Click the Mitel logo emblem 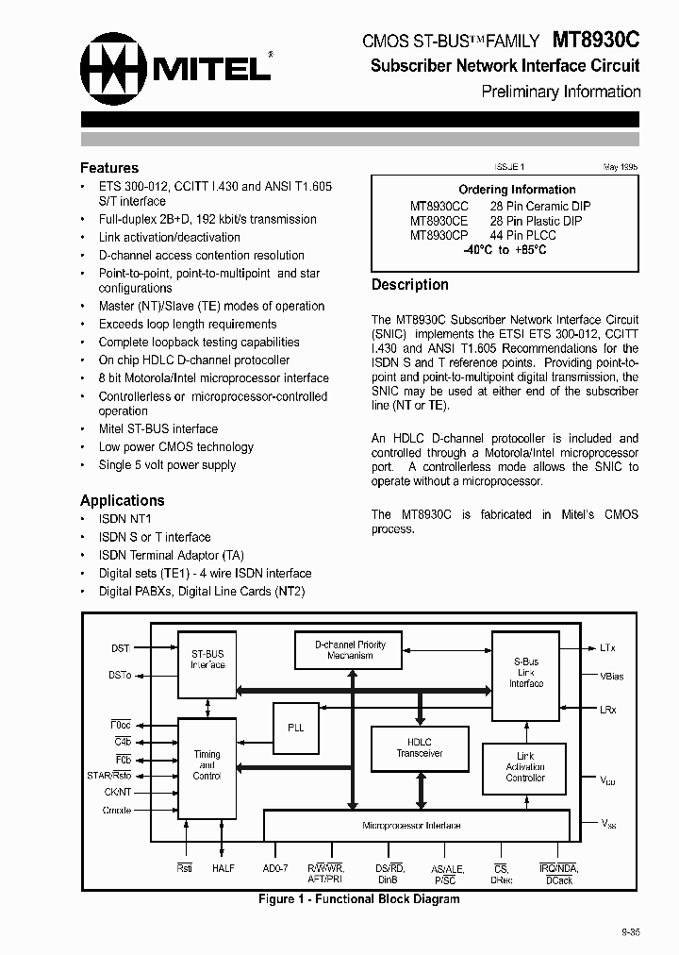click(113, 65)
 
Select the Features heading click(109, 168)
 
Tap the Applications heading click(122, 501)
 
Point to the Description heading click(409, 285)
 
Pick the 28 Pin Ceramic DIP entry click(540, 206)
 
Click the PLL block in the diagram click(296, 728)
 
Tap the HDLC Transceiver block click(419, 747)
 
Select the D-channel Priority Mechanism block click(350, 650)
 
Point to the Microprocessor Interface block click(412, 826)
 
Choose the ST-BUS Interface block click(207, 659)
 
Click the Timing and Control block click(207, 766)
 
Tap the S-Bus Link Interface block click(526, 672)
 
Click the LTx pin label click(607, 648)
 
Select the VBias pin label click(612, 677)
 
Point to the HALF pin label click(224, 868)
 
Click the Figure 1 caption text click(359, 899)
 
